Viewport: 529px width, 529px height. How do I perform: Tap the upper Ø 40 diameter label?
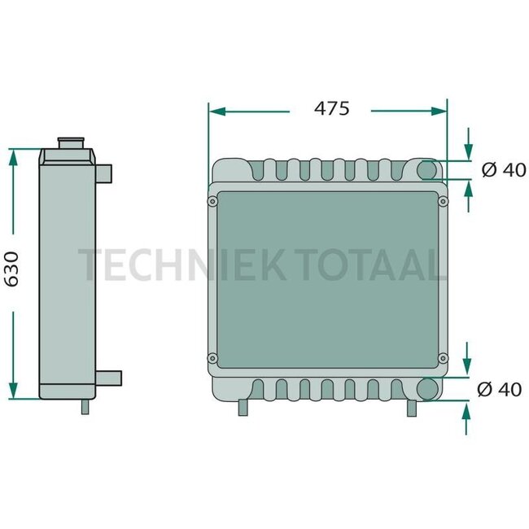tap(503, 170)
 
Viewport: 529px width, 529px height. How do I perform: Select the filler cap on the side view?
tap(73, 144)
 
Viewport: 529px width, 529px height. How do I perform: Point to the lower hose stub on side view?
tap(110, 378)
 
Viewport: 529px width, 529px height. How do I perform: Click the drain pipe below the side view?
tap(85, 406)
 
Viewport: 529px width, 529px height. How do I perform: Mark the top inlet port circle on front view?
tap(428, 171)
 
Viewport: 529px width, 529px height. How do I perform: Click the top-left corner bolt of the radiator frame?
tap(213, 199)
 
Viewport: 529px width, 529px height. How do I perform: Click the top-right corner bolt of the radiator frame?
tap(443, 199)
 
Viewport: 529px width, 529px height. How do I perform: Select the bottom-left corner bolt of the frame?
tap(213, 357)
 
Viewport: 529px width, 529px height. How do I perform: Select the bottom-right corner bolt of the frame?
tap(443, 357)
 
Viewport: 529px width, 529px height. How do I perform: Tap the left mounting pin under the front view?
tap(242, 408)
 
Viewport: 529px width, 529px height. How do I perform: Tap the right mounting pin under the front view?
tap(412, 408)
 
